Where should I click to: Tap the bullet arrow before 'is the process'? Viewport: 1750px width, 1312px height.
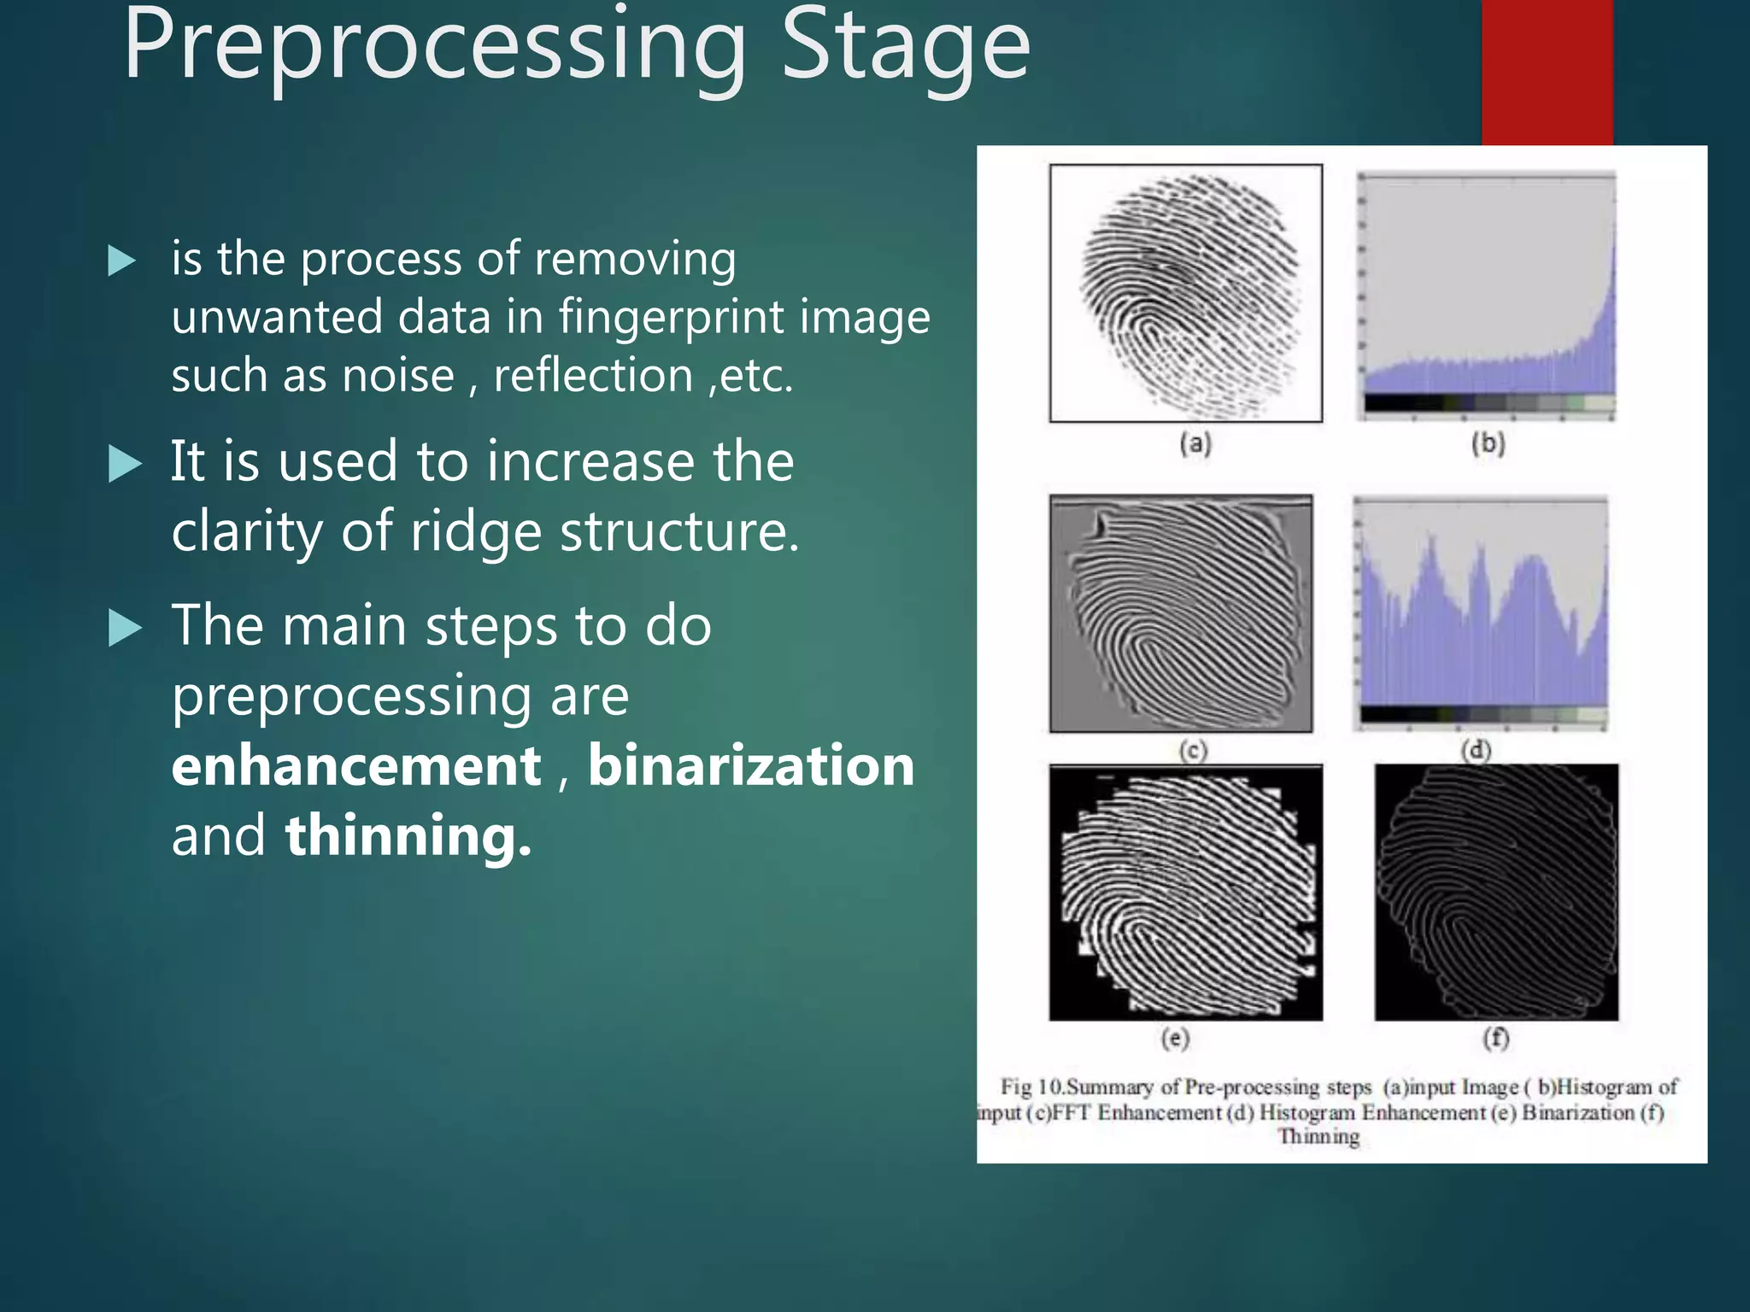[122, 261]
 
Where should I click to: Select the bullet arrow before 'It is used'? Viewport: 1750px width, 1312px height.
[125, 465]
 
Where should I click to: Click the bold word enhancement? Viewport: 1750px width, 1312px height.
[356, 765]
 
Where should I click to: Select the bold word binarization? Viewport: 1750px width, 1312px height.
[751, 765]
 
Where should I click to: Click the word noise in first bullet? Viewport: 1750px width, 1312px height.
[397, 376]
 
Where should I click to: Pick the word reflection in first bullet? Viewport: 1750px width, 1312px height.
[593, 376]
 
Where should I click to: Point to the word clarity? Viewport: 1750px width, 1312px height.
[247, 532]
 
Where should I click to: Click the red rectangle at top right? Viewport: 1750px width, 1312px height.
[1547, 73]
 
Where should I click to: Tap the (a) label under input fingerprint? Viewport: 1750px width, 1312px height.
[1195, 443]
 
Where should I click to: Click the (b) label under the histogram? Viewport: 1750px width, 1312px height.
[1488, 443]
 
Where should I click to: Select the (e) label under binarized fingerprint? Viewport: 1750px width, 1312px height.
[1176, 1038]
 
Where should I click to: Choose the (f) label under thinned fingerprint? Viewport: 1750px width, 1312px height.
[1495, 1038]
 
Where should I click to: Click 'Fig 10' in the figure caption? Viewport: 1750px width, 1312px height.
[1031, 1087]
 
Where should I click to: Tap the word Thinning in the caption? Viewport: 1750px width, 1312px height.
[1318, 1137]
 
